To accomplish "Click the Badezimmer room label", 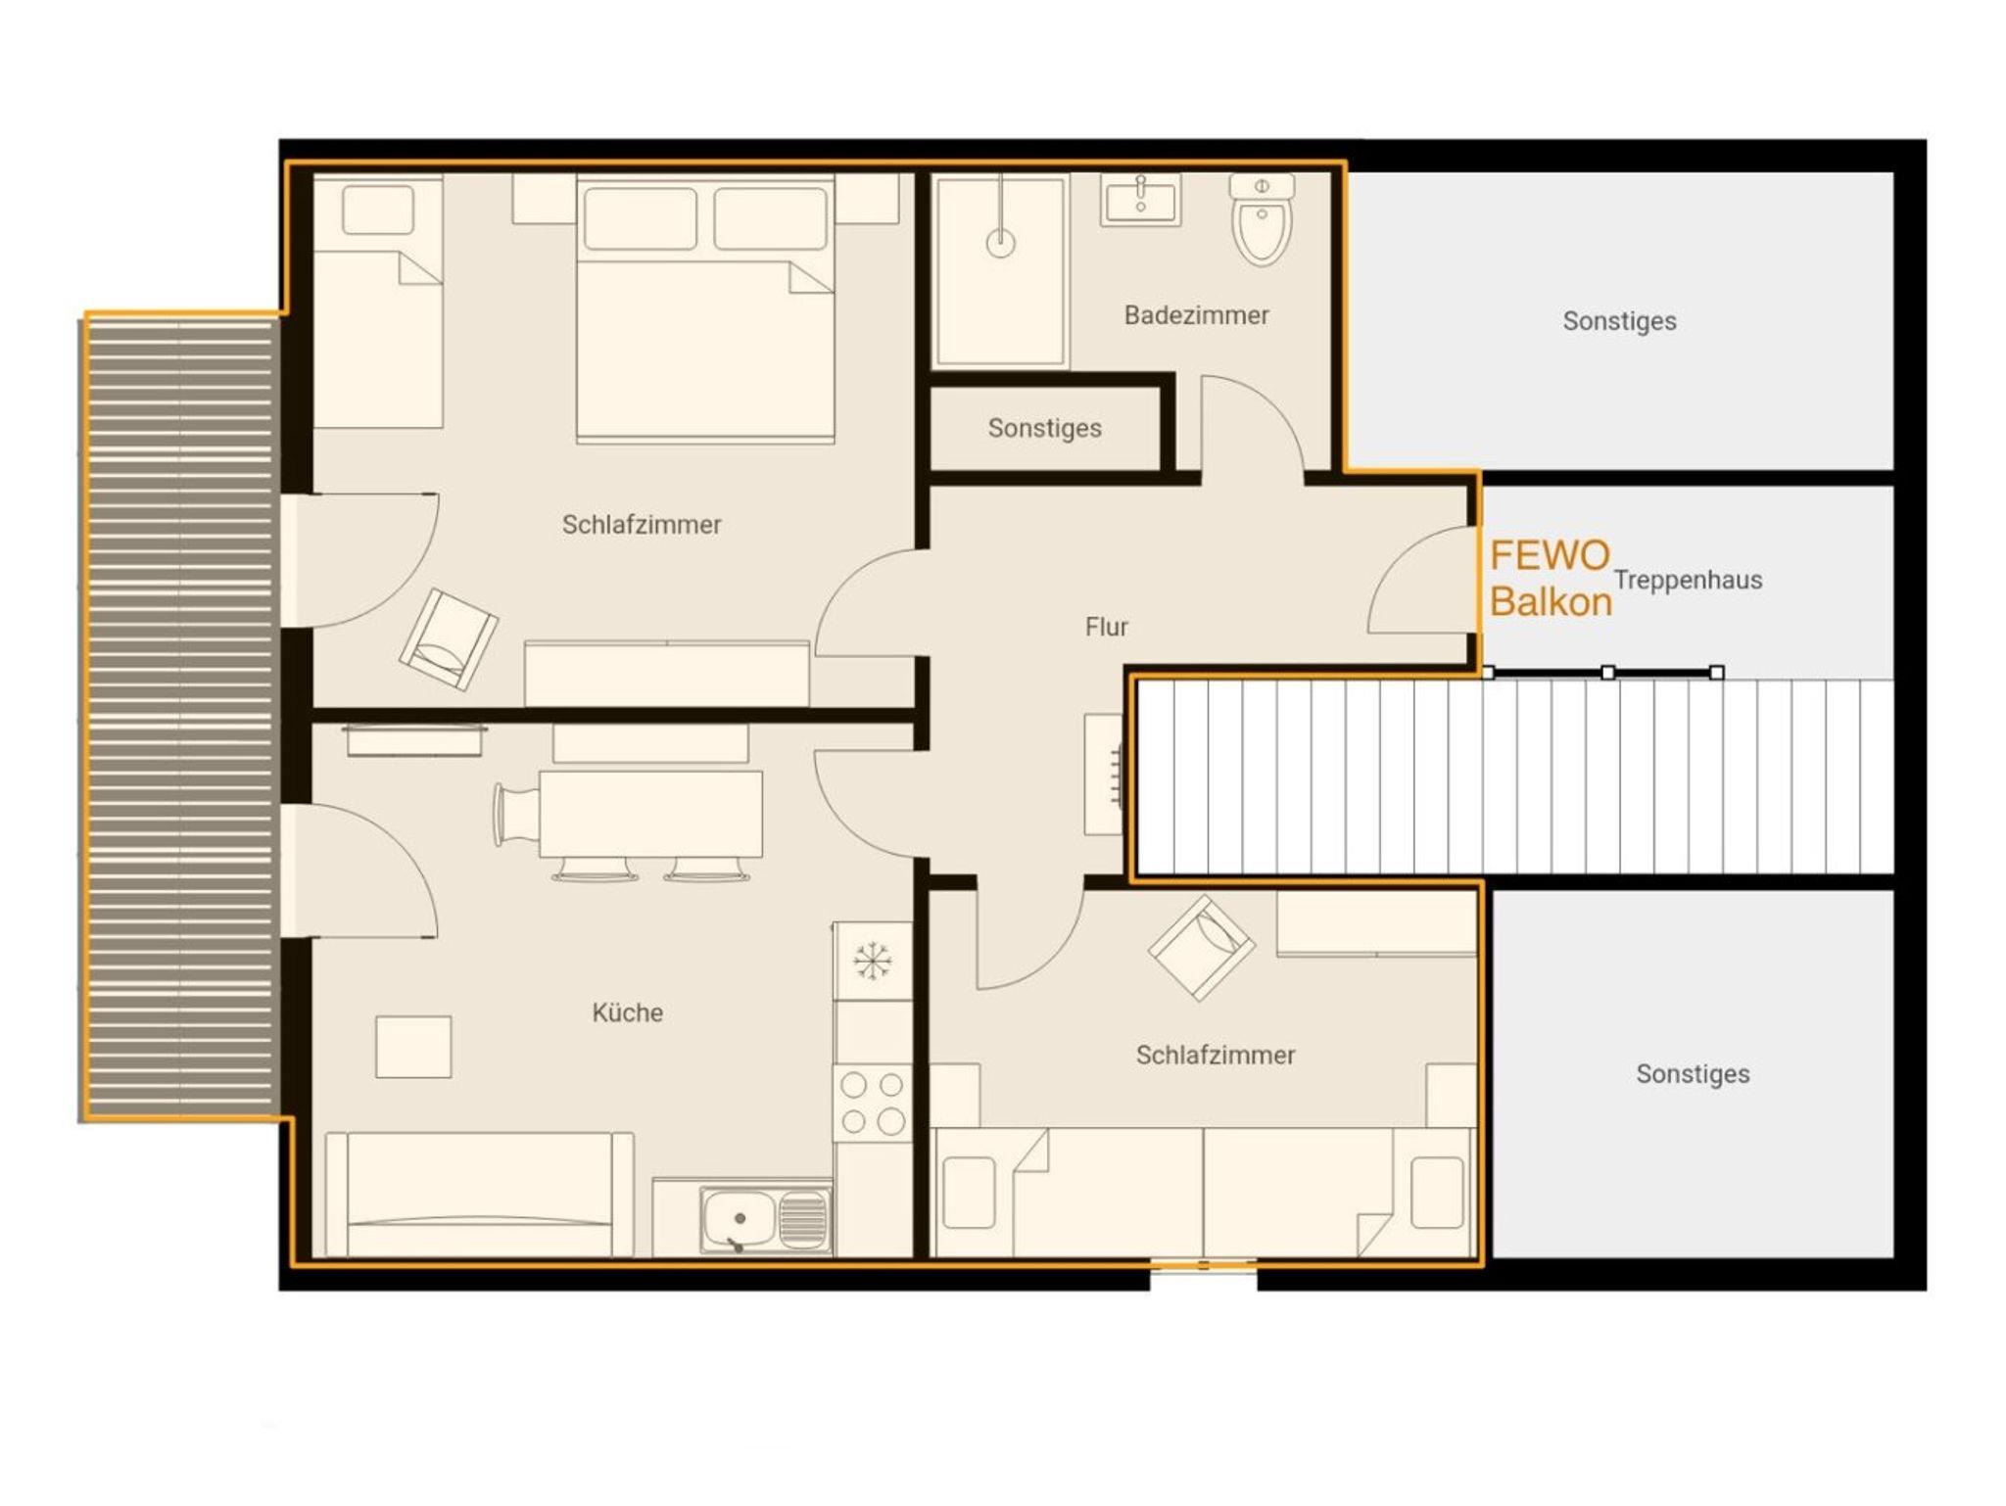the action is (x=1196, y=315).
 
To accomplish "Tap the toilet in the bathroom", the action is (x=1262, y=219).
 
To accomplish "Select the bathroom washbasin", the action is (x=1140, y=200).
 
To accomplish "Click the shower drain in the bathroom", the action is (x=1000, y=242).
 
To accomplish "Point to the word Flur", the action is (x=1106, y=627).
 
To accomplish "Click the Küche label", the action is (x=627, y=1012).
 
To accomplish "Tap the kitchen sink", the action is (x=765, y=1219).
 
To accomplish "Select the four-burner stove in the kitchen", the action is (x=872, y=1103).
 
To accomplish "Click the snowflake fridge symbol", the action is (x=872, y=961).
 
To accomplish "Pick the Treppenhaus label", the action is (x=1688, y=580).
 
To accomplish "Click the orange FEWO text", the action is (x=1550, y=555).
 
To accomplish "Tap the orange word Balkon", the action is (x=1551, y=601).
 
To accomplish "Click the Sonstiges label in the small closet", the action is (x=1044, y=428).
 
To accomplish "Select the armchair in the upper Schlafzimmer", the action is (x=449, y=639).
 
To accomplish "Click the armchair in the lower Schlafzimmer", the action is (x=1202, y=948).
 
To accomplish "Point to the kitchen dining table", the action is (x=650, y=813).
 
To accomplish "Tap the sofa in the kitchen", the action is (x=479, y=1195).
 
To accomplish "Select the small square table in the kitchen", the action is (x=413, y=1047).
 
